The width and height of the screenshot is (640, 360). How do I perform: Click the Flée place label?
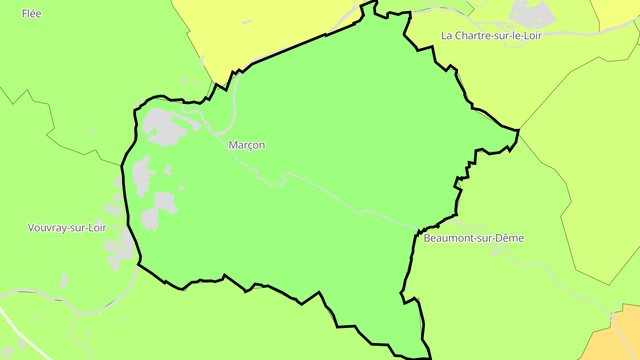[32, 14]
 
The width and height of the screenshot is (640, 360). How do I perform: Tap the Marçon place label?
[247, 145]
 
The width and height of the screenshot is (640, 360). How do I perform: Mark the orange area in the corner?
[616, 338]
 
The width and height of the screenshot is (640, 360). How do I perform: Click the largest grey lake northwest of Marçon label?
[162, 127]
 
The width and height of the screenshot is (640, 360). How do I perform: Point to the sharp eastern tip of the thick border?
[518, 130]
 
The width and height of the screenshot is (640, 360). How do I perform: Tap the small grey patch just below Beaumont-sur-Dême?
[495, 254]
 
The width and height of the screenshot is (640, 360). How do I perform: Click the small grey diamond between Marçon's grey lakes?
[168, 170]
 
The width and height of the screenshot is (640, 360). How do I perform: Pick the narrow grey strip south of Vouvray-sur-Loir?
[64, 281]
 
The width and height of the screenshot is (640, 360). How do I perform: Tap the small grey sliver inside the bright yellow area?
[247, 22]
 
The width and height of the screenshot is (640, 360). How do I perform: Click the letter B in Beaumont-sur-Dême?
[427, 238]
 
